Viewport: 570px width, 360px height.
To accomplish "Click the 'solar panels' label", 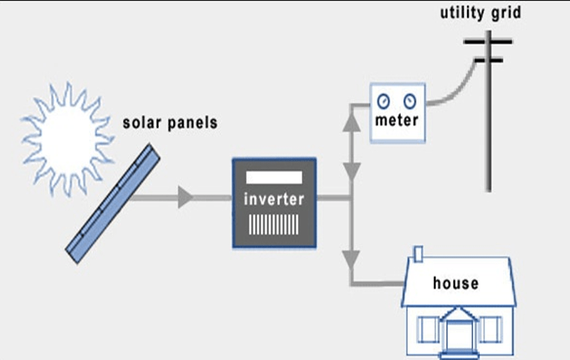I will pos(170,122).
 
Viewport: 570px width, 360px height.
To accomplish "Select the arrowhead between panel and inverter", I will pos(184,198).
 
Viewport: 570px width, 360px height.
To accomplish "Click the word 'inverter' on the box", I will pos(274,200).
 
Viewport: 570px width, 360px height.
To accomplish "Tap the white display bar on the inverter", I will pos(274,177).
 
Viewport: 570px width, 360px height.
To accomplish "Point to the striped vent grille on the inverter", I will pos(274,223).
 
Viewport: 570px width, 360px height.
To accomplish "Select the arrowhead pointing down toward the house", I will pos(350,260).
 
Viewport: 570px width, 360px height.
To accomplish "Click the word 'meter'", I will pos(397,121).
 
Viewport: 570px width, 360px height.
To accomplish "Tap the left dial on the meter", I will pos(384,99).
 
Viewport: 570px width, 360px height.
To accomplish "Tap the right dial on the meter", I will pos(410,99).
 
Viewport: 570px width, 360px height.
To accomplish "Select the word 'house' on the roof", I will pos(456,283).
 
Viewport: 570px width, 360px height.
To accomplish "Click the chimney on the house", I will pos(419,254).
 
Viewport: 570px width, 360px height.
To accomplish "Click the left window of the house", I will pos(429,329).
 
